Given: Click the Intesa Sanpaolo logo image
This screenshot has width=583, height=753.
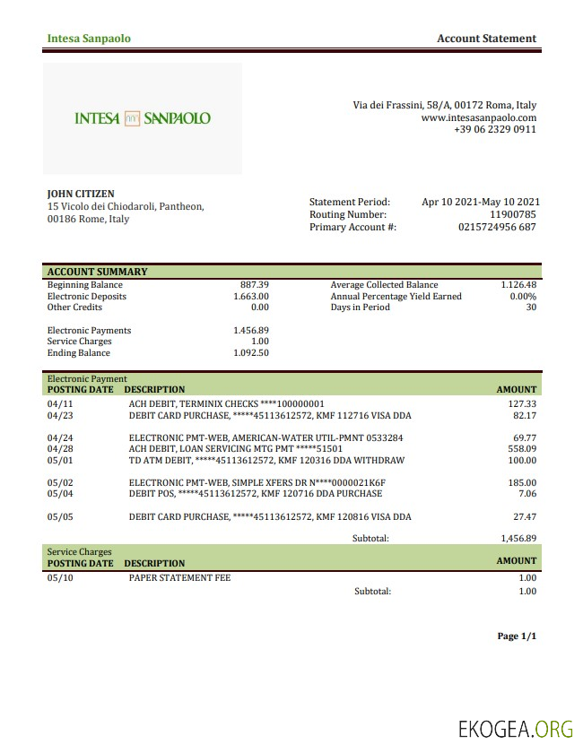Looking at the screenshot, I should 143,118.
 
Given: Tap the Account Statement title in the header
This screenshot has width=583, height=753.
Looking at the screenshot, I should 486,39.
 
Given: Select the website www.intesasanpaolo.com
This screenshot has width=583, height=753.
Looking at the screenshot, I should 478,117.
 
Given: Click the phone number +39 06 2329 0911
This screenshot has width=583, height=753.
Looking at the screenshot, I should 495,129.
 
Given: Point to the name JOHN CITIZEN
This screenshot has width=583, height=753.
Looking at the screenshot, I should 81,194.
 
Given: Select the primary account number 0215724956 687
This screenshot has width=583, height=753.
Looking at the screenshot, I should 497,228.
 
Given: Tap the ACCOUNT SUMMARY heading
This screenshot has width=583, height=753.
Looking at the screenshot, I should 97,272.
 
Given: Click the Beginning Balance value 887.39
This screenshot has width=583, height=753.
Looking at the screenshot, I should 255,285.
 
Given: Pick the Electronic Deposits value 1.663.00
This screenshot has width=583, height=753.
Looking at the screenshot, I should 251,297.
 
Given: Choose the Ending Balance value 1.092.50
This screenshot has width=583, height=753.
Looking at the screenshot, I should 251,353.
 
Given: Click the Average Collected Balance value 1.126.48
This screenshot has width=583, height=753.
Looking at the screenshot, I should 518,285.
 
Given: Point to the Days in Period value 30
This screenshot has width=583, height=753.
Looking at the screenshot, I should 530,307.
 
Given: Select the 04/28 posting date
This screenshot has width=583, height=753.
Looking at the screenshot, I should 59,449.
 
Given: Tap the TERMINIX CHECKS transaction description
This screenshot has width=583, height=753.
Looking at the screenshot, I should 226,404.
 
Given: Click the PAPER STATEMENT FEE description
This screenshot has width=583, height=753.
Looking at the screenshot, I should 179,578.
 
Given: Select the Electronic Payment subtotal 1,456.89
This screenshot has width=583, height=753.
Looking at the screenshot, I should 518,539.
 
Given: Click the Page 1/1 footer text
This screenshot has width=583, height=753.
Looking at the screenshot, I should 517,636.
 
